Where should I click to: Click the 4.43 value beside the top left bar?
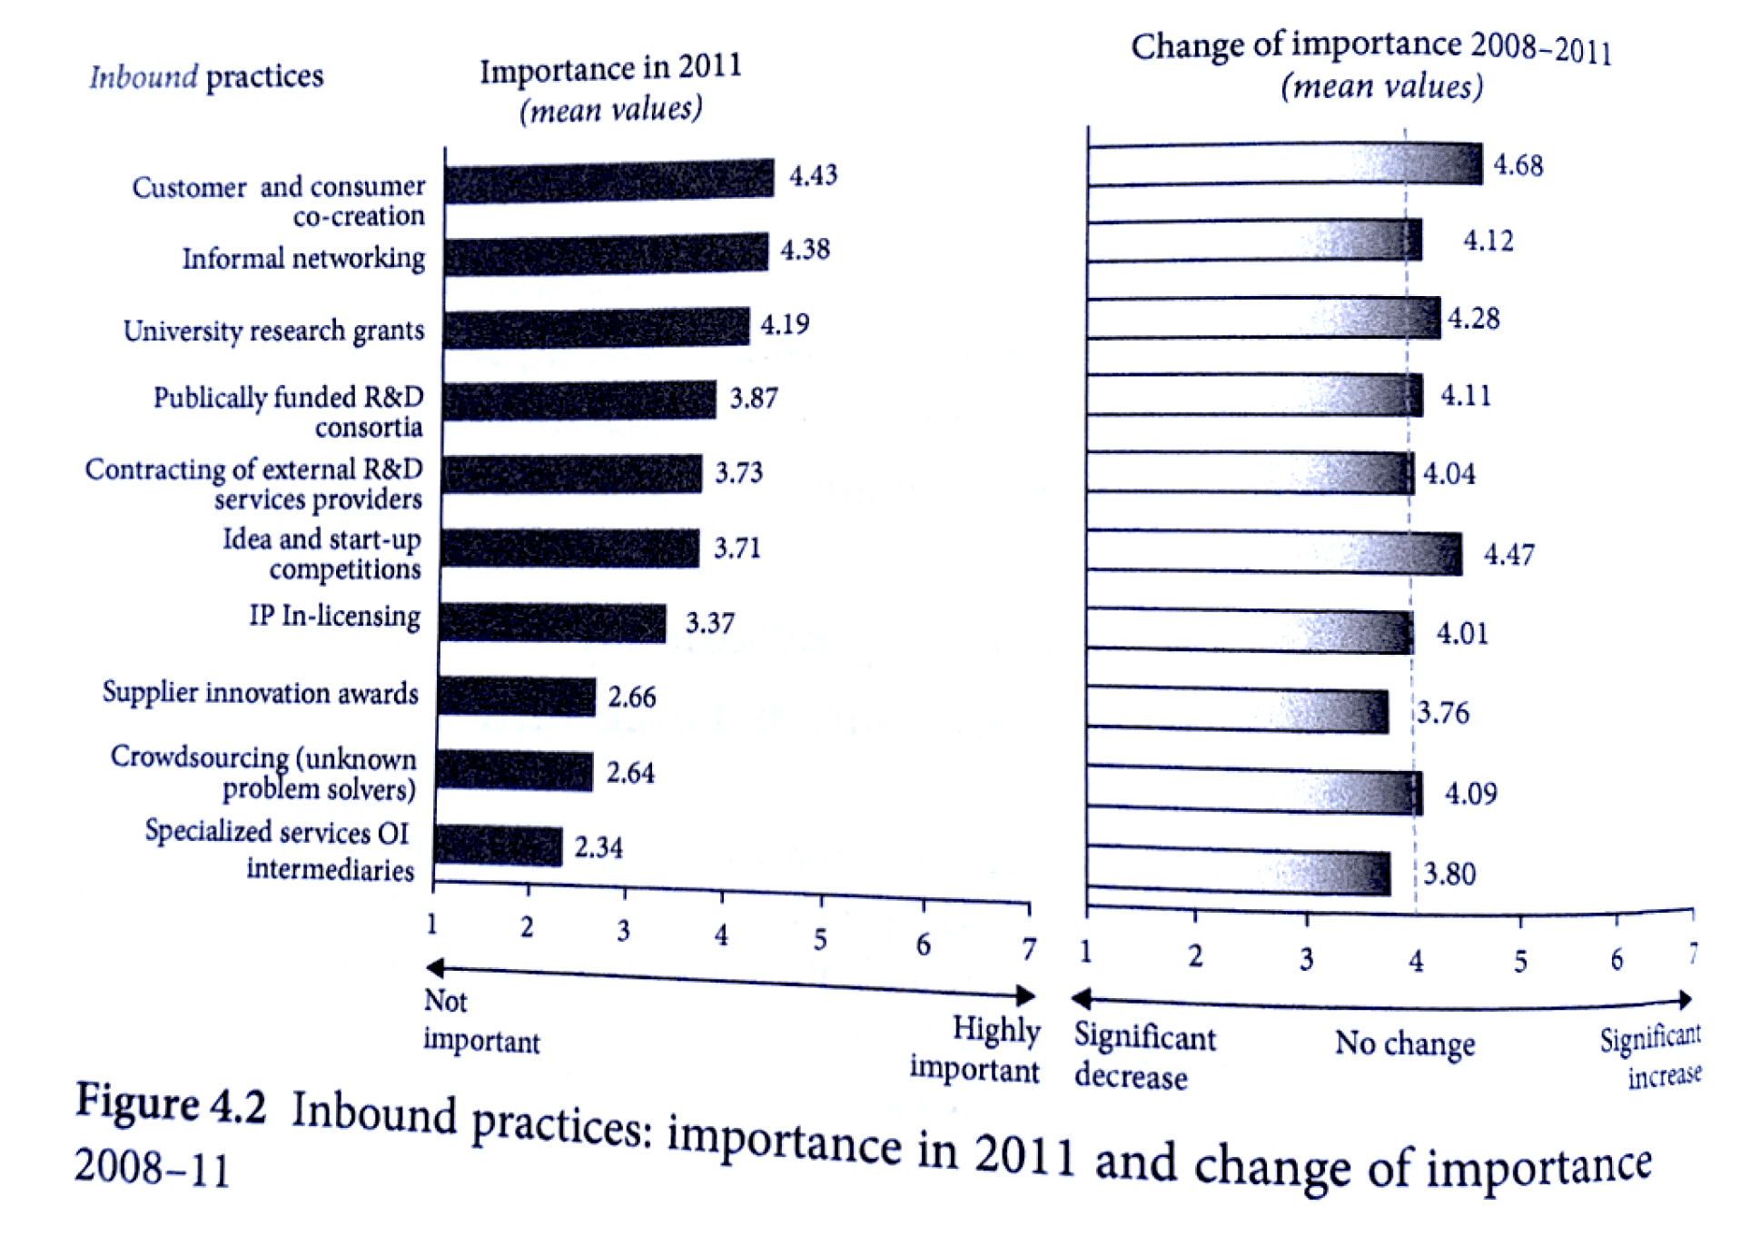(x=813, y=174)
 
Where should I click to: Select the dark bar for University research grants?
(x=597, y=328)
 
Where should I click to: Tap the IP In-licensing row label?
(x=334, y=616)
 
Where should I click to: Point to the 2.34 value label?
(x=598, y=847)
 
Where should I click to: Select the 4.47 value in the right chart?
(x=1508, y=554)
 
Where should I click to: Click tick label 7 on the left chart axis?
(x=1028, y=949)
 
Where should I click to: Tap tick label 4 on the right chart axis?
(x=1416, y=960)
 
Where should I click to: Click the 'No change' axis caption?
(x=1404, y=1043)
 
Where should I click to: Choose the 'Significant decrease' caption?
(x=1143, y=1056)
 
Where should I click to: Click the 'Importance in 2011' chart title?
(x=610, y=69)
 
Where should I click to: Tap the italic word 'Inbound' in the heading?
(x=143, y=77)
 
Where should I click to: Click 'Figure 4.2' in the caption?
(x=171, y=1103)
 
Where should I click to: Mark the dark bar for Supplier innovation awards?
(x=516, y=697)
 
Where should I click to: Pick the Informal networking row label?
(x=303, y=259)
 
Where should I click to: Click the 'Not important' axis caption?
(x=480, y=1021)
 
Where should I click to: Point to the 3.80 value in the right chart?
(x=1449, y=874)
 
